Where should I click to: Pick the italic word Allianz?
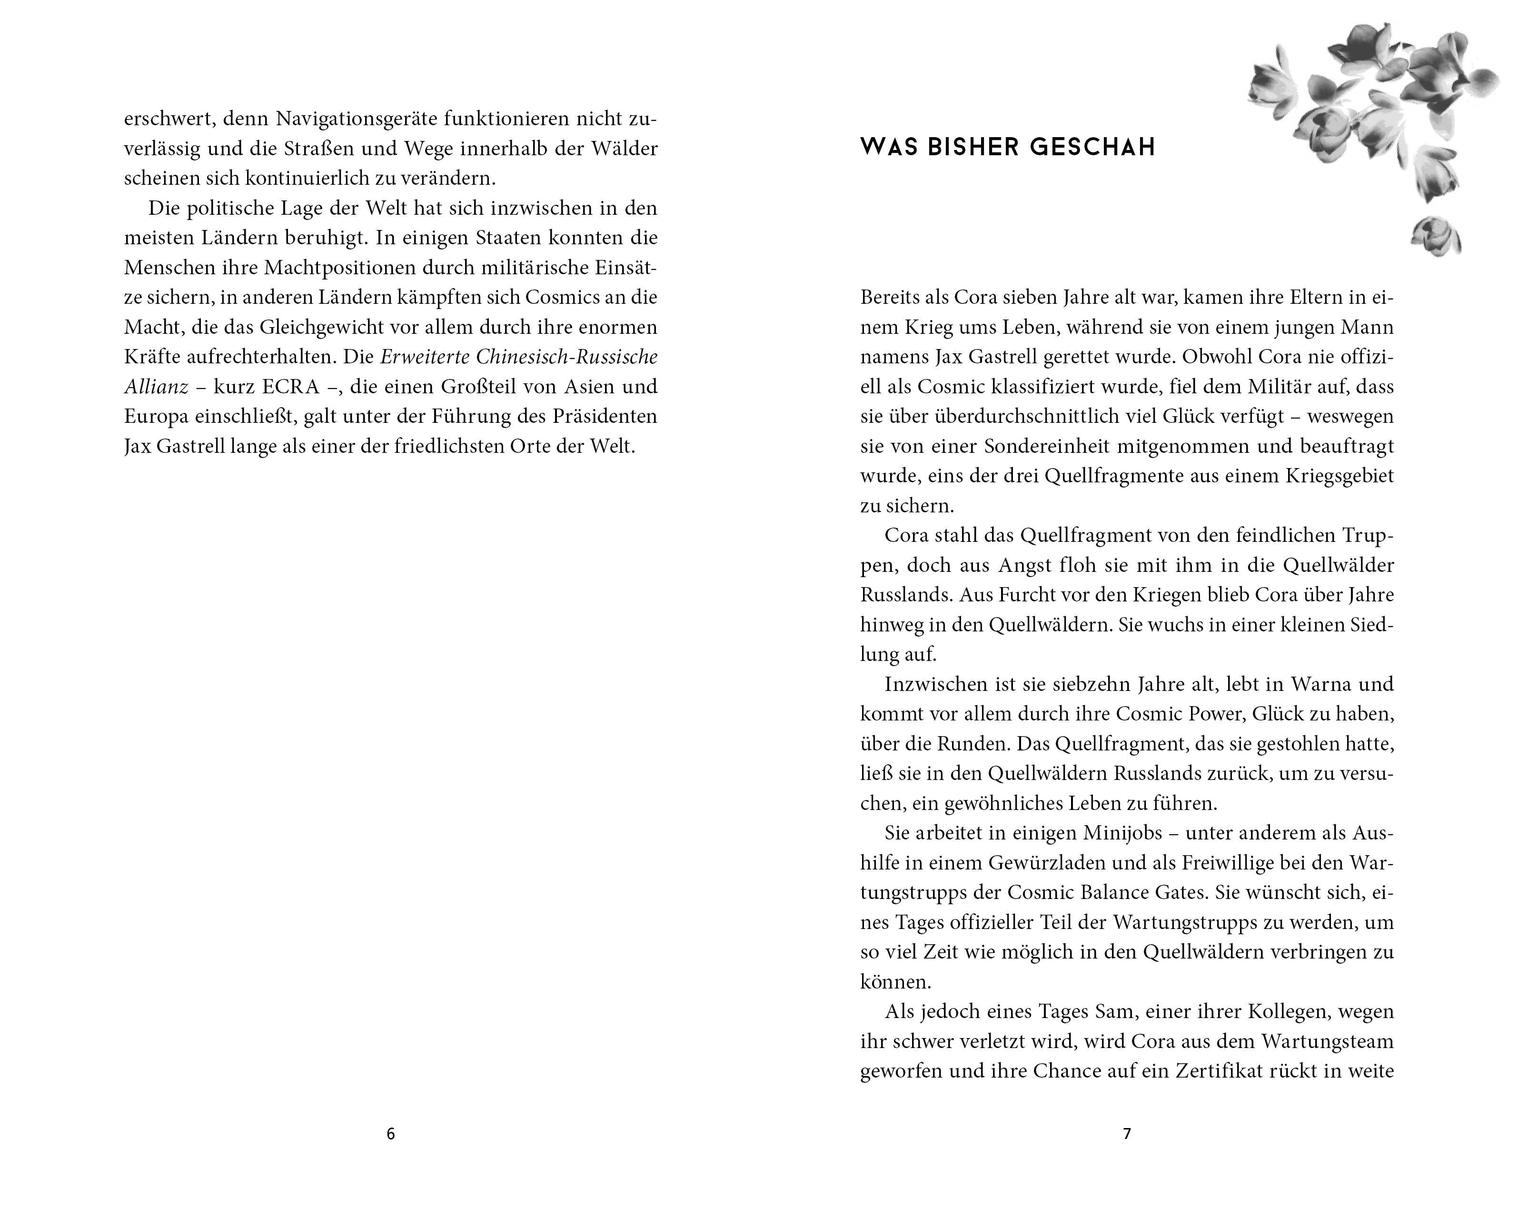pos(156,387)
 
